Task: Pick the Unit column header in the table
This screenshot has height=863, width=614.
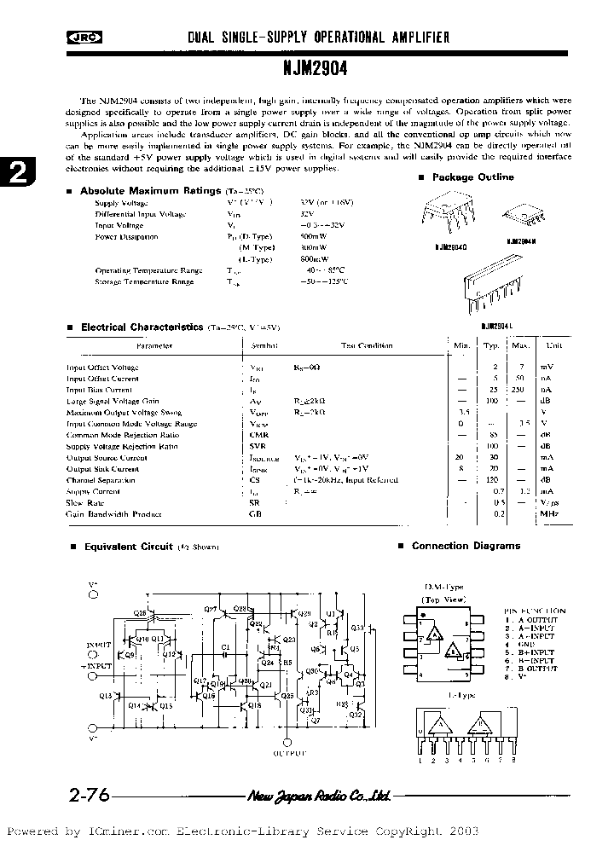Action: pos(554,345)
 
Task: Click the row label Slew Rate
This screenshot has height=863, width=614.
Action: pos(86,502)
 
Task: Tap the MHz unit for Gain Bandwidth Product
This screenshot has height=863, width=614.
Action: pos(548,513)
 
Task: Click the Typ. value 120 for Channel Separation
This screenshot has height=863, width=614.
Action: pos(491,480)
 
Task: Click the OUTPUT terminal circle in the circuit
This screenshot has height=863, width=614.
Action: pos(286,741)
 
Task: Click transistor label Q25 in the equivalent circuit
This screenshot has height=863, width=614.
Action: pos(287,695)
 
